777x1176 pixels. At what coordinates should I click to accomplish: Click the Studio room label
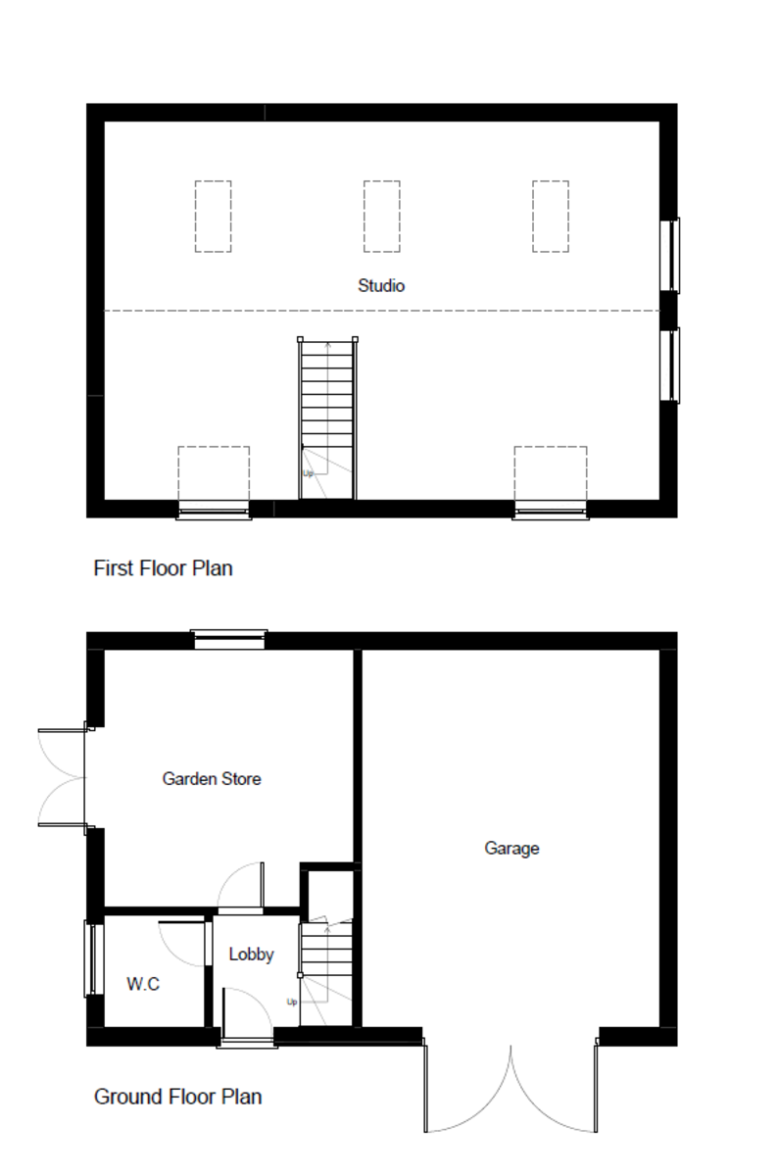[381, 285]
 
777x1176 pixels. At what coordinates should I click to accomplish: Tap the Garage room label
[511, 848]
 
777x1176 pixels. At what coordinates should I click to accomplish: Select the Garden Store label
[212, 778]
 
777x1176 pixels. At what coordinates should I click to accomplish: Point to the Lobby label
[252, 954]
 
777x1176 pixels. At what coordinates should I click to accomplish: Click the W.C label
[143, 984]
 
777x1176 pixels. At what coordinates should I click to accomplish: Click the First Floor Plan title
[163, 568]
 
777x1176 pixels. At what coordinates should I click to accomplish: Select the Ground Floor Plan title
[177, 1097]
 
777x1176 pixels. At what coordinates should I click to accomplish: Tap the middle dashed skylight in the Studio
[382, 217]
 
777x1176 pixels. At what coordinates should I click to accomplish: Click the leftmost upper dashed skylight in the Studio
[214, 217]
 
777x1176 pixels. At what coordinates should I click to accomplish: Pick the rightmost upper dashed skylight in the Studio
[551, 217]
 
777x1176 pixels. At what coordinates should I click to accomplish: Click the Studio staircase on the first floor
[327, 417]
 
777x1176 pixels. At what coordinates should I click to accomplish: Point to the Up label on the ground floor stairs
[292, 1002]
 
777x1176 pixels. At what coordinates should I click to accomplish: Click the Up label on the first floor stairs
[308, 473]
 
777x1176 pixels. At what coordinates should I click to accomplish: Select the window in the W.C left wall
[94, 959]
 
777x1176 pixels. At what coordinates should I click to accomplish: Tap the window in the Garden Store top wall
[229, 639]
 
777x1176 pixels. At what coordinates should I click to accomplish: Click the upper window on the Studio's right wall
[670, 255]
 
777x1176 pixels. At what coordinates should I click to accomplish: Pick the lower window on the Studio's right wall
[670, 366]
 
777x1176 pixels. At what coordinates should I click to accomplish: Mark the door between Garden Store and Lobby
[240, 887]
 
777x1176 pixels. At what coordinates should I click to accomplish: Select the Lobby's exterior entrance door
[247, 1017]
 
